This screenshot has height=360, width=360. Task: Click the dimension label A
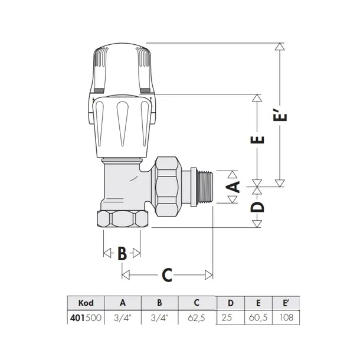pos(234,188)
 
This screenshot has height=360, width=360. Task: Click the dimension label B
pos(122,254)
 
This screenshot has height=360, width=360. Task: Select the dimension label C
pos(167,275)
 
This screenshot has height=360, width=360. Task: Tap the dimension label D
pos(258,207)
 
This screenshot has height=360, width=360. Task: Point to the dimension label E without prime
pos(258,140)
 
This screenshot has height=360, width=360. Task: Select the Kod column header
pos(86,302)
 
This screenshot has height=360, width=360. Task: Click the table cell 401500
pos(86,318)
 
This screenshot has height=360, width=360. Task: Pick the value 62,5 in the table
pos(196,318)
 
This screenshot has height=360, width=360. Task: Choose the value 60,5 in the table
pos(258,318)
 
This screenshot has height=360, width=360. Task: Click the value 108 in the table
pos(287,318)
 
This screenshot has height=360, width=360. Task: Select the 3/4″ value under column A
pos(123,318)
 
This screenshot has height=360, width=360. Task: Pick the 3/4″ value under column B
pos(159,318)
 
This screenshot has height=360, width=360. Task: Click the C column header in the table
pos(196,302)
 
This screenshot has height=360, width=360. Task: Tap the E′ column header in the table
pos(287,302)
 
